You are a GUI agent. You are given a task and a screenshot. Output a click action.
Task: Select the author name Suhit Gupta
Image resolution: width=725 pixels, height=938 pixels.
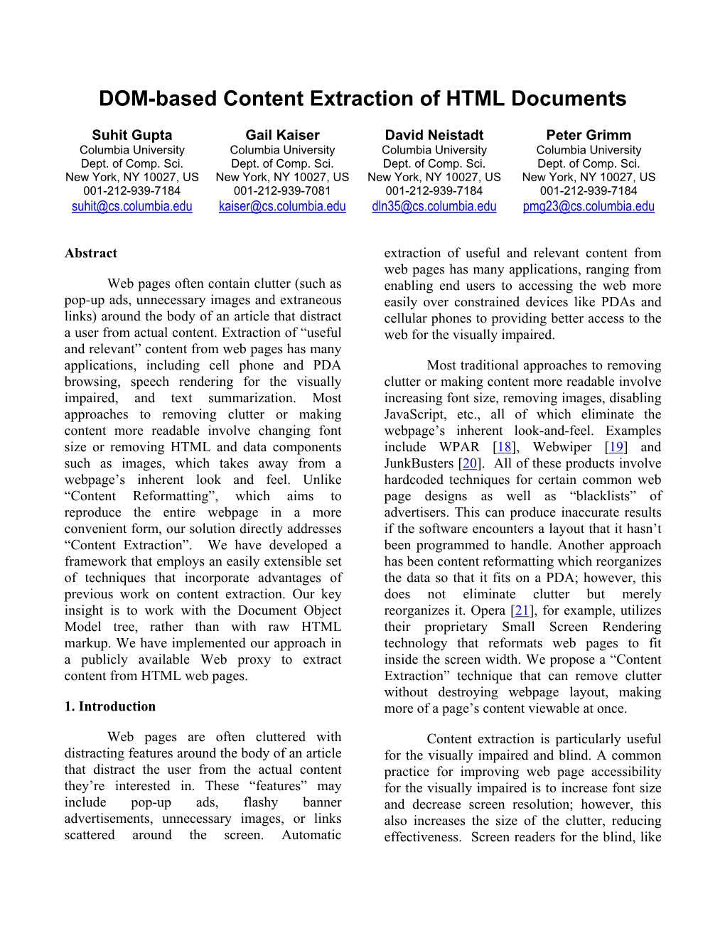pos(132,135)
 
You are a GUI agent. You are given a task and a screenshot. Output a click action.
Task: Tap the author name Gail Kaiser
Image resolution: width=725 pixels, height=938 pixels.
pos(282,135)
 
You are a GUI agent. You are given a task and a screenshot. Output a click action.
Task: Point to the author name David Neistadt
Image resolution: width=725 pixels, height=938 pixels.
pos(434,135)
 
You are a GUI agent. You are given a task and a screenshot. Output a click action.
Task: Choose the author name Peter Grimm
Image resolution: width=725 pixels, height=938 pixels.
pos(589,135)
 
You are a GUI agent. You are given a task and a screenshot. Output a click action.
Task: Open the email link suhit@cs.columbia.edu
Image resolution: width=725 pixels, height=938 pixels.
pos(132,207)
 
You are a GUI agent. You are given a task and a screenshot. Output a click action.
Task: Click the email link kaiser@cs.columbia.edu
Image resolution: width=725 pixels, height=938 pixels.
pos(282,207)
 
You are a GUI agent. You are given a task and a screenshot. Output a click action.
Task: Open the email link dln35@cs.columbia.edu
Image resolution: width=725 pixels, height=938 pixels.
pos(434,207)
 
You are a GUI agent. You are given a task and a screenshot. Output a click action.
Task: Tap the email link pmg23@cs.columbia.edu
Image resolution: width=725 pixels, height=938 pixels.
pos(589,207)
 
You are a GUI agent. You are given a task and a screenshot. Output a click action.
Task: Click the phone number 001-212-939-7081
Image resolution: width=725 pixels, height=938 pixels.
pos(282,190)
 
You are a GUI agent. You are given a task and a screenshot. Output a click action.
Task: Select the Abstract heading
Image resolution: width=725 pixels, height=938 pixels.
pos(91,254)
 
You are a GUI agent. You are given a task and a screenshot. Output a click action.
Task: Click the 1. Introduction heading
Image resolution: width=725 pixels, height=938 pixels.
pos(110,706)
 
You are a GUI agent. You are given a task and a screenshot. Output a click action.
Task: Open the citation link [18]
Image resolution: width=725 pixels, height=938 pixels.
pos(504,447)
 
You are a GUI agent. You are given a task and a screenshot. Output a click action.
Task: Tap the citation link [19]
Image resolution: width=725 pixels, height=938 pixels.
pos(616,447)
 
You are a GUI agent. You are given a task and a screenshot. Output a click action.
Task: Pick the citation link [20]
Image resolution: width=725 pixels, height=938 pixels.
pos(469,463)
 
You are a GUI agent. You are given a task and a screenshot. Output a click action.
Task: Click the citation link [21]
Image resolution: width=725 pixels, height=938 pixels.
pos(522,610)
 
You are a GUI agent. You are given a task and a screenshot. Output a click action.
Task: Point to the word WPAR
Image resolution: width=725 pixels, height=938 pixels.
pos(459,447)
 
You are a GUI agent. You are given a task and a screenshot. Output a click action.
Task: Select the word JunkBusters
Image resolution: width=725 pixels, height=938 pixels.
pos(419,463)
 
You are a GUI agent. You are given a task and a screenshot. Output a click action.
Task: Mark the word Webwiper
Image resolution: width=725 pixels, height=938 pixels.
pos(562,447)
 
